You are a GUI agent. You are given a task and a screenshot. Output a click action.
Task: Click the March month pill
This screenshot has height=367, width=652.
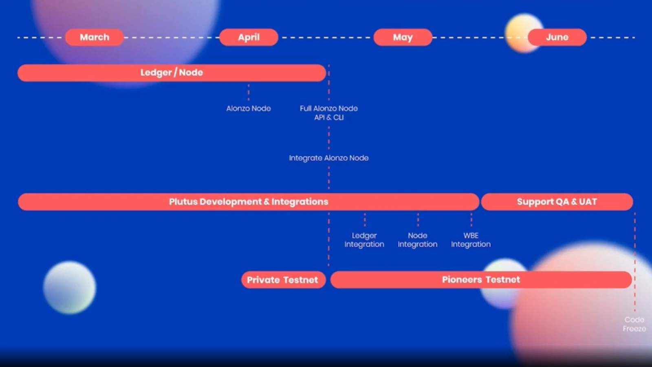click(x=94, y=37)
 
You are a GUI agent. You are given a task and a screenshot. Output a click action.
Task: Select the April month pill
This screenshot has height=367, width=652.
click(x=249, y=37)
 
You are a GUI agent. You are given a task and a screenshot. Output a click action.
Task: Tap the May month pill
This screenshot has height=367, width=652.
click(x=403, y=37)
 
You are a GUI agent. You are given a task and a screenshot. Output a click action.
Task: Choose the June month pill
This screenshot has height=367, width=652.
click(x=557, y=37)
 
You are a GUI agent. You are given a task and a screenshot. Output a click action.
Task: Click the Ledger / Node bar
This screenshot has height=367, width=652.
click(x=172, y=73)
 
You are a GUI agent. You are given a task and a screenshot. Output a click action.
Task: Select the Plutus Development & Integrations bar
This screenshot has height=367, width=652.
click(x=249, y=202)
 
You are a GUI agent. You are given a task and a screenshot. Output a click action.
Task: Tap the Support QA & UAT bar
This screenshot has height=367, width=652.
click(x=557, y=202)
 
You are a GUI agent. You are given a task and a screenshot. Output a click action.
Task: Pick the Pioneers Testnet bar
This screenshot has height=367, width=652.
click(x=481, y=280)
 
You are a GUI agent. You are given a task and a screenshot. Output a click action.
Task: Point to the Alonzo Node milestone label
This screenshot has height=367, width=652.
click(x=249, y=108)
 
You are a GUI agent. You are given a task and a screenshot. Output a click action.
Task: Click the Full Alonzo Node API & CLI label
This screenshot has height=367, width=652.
click(x=329, y=113)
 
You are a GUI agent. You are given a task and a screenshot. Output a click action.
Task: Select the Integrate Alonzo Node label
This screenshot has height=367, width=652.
click(x=329, y=158)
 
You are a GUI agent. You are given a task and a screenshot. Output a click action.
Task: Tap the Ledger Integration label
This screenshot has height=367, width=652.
click(x=364, y=240)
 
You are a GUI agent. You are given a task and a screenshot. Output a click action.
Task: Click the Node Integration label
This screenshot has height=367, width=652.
click(x=418, y=240)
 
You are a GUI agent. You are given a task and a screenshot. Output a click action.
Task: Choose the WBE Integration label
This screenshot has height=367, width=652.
click(x=471, y=240)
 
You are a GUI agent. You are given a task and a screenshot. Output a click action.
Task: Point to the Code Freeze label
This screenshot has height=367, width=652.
click(x=634, y=324)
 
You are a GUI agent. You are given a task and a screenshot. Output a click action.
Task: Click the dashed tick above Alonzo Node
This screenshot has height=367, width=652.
click(x=249, y=93)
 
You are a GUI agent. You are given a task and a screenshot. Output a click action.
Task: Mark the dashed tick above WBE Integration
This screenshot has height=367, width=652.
click(x=471, y=220)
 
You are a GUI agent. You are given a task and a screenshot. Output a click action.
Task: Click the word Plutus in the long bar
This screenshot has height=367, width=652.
click(x=183, y=202)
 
